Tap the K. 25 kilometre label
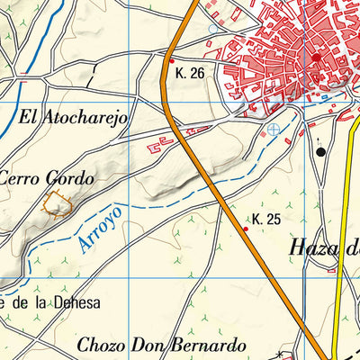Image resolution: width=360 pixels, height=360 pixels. pyautogui.click(x=266, y=219)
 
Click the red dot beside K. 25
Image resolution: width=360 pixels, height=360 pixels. pyautogui.click(x=247, y=229)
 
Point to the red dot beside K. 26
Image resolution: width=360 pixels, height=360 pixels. pyautogui.click(x=169, y=62)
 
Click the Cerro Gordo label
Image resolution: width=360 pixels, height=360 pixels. pyautogui.click(x=47, y=177)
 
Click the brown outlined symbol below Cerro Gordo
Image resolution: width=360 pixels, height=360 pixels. pyautogui.click(x=58, y=205)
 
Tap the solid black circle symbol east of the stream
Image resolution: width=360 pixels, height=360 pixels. pyautogui.click(x=321, y=153)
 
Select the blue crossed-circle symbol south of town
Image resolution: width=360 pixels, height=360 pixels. pyautogui.click(x=274, y=130)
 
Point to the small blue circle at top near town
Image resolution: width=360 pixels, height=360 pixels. pyautogui.click(x=212, y=29)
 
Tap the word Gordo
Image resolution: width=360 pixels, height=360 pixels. pyautogui.click(x=69, y=177)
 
